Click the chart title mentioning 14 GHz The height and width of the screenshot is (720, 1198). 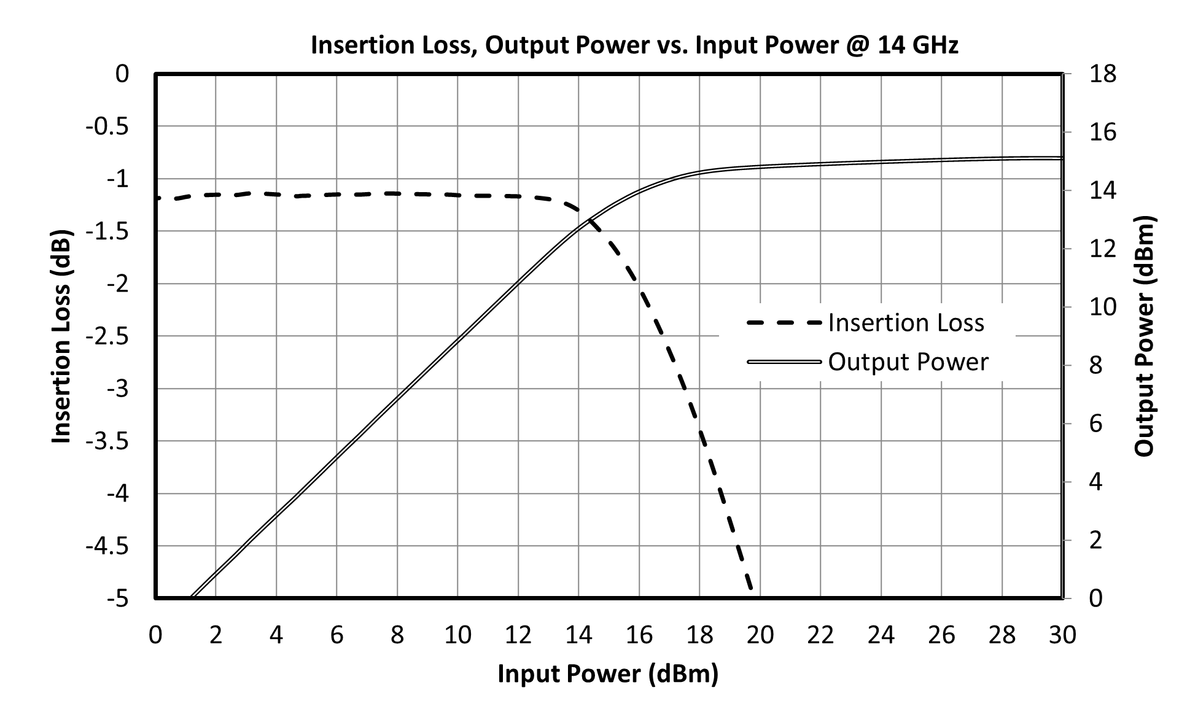point(634,45)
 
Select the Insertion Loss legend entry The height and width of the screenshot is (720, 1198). point(866,323)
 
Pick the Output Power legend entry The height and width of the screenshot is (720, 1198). point(868,362)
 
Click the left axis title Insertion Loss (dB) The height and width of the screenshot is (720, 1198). point(61,336)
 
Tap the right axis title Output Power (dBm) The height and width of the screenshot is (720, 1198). point(1144,336)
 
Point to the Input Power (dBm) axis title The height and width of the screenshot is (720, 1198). point(608,674)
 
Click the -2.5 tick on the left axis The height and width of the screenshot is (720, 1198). point(107,336)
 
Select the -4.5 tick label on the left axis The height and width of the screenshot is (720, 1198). point(107,546)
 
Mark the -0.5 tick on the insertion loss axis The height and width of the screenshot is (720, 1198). point(107,126)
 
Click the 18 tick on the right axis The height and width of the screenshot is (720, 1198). point(1102,74)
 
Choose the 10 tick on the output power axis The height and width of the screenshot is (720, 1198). point(1102,307)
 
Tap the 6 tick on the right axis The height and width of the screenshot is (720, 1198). point(1096,424)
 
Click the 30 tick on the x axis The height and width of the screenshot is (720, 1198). point(1062,635)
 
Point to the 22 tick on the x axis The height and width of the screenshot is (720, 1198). point(820,635)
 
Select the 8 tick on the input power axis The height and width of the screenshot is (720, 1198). point(397,635)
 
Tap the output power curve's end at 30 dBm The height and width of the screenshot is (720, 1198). point(1062,158)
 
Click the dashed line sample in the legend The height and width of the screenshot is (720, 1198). point(784,323)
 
